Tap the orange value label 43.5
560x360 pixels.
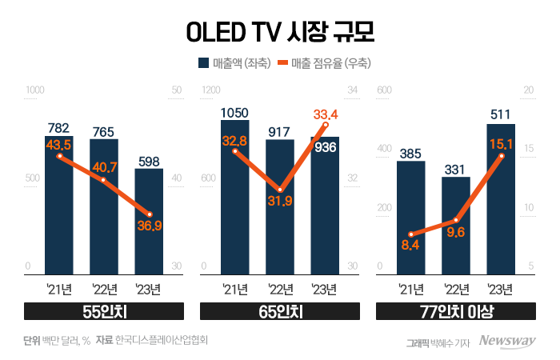coord(59,144)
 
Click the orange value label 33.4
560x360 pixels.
coord(324,114)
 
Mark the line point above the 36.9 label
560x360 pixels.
coord(149,214)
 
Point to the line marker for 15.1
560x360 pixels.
coord(501,156)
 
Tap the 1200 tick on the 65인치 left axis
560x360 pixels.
coord(208,91)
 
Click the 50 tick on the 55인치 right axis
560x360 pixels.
coord(177,91)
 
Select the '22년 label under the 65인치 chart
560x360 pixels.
coord(279,289)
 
